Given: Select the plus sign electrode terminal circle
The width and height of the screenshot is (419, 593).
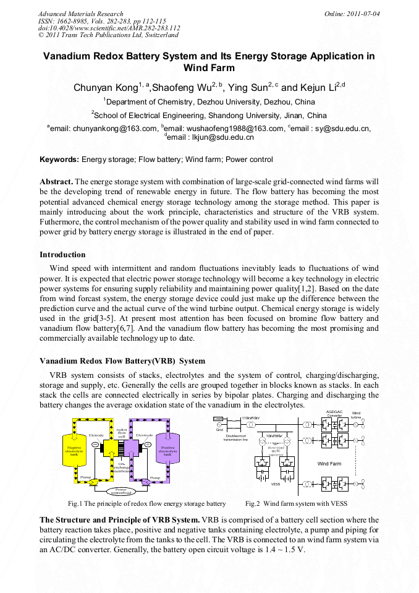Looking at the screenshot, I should point(148,445).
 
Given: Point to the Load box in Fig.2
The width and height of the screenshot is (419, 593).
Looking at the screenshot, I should point(218,419).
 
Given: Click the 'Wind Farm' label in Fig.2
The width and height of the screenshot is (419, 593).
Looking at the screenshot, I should point(329,463).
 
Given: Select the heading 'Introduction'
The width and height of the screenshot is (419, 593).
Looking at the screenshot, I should point(62,255).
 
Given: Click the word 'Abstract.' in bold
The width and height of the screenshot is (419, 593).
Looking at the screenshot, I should point(56,182).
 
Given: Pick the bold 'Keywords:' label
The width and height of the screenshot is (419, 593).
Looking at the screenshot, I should point(59,160).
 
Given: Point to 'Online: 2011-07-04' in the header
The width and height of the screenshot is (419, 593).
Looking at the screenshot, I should point(352,14).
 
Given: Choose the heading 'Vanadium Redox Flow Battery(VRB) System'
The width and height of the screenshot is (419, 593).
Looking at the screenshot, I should point(122,360).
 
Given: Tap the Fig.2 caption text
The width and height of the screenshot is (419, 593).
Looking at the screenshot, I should point(296,503).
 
